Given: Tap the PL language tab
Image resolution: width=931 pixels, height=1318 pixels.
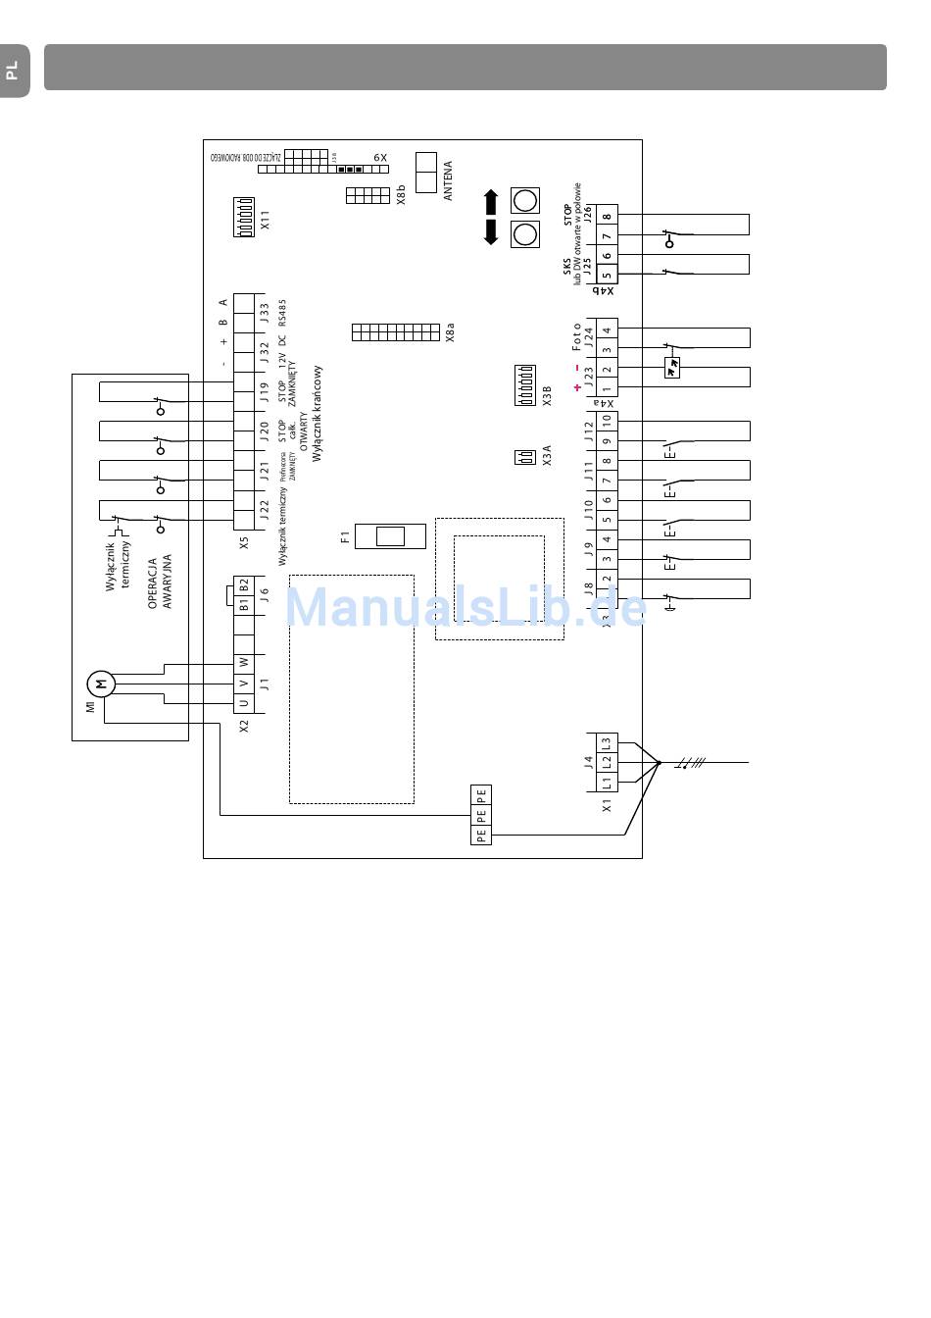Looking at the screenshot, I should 13,71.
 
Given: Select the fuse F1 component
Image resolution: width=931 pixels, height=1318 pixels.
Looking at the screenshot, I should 390,536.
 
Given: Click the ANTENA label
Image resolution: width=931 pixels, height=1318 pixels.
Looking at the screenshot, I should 448,180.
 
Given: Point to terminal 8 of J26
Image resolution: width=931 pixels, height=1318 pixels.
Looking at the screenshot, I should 607,218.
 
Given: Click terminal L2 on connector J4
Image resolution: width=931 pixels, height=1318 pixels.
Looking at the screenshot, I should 607,761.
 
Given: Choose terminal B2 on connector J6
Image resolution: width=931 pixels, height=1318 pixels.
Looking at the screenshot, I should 244,584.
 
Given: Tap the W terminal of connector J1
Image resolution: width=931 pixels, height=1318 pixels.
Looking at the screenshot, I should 244,662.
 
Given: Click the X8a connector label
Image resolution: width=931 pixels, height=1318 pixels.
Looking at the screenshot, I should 450,333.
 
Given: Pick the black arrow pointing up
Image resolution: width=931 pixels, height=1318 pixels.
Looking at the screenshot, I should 491,202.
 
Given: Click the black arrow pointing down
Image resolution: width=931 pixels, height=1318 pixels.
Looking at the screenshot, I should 491,233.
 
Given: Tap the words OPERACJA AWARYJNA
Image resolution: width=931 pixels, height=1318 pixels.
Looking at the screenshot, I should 160,583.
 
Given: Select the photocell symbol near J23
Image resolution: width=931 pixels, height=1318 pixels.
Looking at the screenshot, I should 672,368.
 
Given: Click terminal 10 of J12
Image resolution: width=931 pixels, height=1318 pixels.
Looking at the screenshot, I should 607,422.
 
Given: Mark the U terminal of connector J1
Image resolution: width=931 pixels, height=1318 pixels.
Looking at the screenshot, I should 244,703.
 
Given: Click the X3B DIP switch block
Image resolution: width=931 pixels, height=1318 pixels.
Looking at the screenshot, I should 524,385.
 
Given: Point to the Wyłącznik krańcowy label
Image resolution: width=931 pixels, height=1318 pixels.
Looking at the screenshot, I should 317,422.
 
